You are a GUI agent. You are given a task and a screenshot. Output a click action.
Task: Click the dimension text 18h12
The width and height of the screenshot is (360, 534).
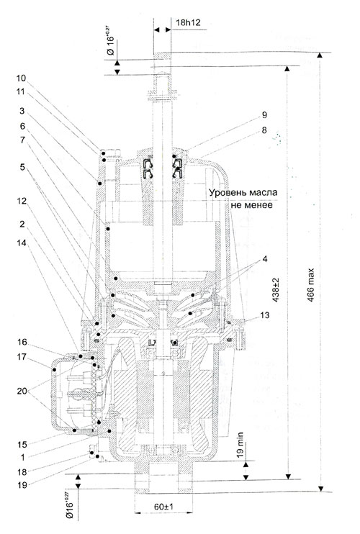[x=188, y=23]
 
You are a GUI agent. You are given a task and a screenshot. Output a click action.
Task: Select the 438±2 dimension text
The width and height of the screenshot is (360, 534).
[x=276, y=289]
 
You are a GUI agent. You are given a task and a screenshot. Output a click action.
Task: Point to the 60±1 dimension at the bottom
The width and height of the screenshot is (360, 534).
[x=163, y=507]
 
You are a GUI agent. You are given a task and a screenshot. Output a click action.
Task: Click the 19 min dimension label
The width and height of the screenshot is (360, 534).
[x=240, y=445]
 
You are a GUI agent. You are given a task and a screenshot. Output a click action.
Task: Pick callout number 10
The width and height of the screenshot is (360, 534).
[x=21, y=78]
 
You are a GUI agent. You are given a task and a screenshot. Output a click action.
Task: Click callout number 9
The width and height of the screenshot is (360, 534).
[x=265, y=114]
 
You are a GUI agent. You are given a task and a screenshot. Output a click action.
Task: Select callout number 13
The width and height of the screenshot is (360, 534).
[x=265, y=315]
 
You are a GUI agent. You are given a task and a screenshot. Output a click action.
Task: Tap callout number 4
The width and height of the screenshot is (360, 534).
[x=265, y=259]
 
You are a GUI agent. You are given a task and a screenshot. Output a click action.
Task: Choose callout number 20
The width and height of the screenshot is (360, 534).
[x=22, y=392]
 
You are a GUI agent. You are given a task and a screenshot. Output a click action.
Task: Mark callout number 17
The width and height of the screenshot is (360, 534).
[x=22, y=357]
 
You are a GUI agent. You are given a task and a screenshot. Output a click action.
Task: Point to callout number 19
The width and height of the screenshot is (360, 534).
[x=22, y=484]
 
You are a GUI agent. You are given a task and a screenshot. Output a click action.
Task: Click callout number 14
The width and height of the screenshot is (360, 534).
[x=22, y=243]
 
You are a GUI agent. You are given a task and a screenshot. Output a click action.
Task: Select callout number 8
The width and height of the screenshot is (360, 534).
[x=265, y=130]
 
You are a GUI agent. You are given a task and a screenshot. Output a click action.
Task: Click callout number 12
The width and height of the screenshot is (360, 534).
[x=22, y=202]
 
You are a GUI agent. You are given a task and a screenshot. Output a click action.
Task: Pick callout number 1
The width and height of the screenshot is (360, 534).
[x=22, y=457]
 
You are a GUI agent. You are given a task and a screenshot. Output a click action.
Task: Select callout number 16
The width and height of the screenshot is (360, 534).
[x=22, y=343]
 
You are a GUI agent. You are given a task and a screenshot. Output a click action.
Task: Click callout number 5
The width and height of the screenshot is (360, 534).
[x=22, y=167]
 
